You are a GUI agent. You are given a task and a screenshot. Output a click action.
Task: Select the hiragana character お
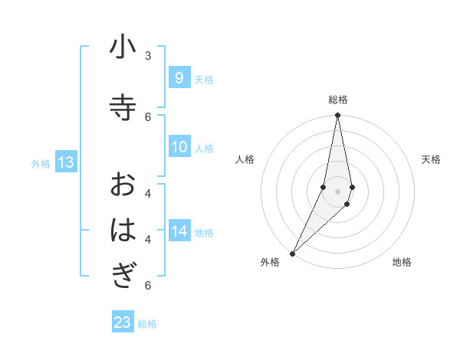pyautogui.click(x=123, y=184)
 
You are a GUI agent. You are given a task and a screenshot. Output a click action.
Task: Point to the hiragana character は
pyautogui.click(x=123, y=230)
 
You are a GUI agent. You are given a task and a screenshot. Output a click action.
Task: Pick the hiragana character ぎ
pyautogui.click(x=123, y=275)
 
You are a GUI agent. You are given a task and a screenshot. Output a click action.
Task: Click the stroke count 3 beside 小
pyautogui.click(x=148, y=56)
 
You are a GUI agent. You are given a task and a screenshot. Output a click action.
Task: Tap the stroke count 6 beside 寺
pyautogui.click(x=148, y=116)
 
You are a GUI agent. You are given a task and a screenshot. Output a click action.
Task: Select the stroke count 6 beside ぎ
pyautogui.click(x=148, y=285)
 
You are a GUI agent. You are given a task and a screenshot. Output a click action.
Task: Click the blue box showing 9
pyautogui.click(x=179, y=78)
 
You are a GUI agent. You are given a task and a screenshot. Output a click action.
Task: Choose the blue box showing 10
pyautogui.click(x=179, y=147)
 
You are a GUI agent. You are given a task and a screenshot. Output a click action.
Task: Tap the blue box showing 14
pyautogui.click(x=179, y=231)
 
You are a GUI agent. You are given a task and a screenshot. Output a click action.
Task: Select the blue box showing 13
pyautogui.click(x=65, y=162)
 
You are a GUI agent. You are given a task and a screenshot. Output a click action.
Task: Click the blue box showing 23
pyautogui.click(x=123, y=322)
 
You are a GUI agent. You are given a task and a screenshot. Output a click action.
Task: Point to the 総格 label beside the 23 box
pyautogui.click(x=147, y=324)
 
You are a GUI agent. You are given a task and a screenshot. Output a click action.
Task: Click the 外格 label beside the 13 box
pyautogui.click(x=41, y=163)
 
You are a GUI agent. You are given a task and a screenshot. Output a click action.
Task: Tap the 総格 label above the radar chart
pyautogui.click(x=337, y=100)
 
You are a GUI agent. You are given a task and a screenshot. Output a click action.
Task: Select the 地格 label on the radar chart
pyautogui.click(x=402, y=263)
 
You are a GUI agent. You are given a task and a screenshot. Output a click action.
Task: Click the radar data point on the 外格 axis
pyautogui.click(x=292, y=253)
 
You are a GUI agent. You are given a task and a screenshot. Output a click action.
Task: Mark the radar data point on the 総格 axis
pyautogui.click(x=337, y=115)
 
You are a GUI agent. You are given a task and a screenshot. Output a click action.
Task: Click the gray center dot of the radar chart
pyautogui.click(x=337, y=191)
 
